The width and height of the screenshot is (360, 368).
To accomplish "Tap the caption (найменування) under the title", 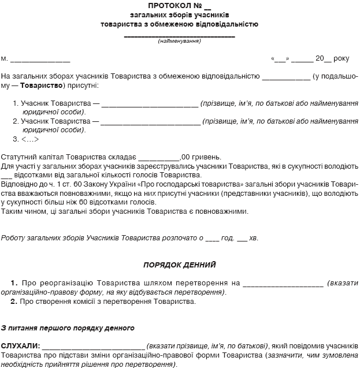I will (x=180, y=42).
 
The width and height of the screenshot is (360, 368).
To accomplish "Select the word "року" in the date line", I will (x=342, y=58).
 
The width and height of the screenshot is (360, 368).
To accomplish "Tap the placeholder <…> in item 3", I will (x=30, y=139).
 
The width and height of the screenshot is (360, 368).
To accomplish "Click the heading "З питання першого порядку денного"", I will (x=68, y=328).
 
